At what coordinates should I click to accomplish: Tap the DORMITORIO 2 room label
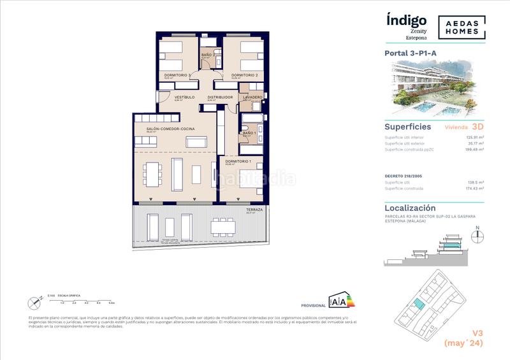[x=244, y=75]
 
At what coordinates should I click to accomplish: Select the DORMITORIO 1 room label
[x=238, y=161]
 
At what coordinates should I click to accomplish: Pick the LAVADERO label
[x=252, y=97]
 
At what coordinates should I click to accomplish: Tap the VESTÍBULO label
[x=184, y=97]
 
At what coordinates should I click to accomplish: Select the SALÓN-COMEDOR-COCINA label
[x=170, y=129]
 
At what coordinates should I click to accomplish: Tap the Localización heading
[x=410, y=208]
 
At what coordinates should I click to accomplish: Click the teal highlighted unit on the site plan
[x=418, y=305]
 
